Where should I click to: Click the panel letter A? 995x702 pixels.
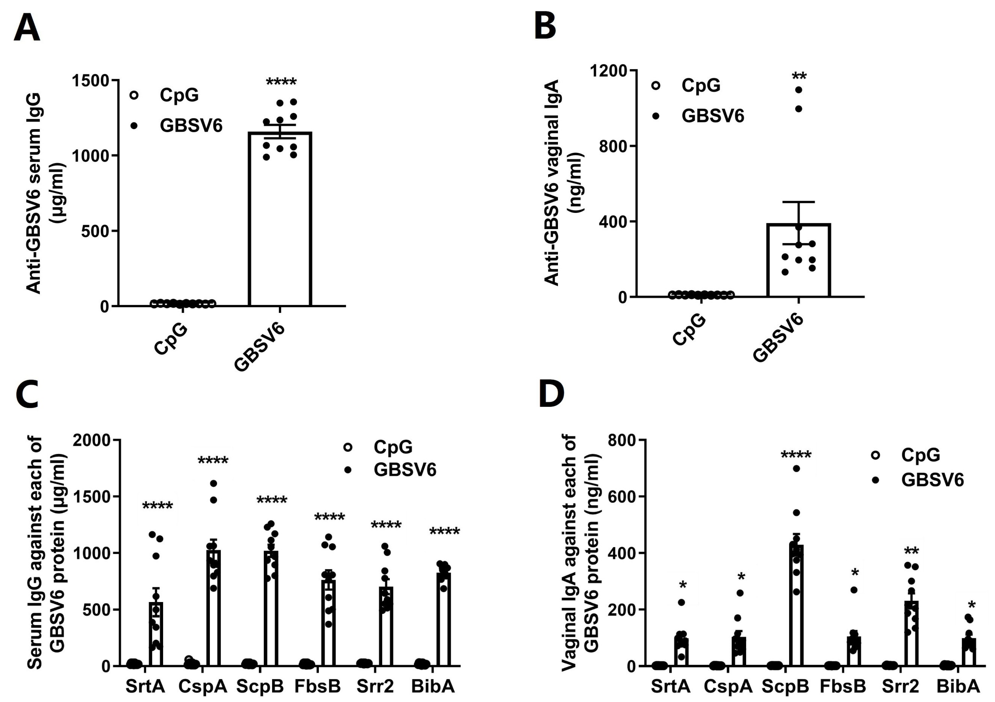coord(27,26)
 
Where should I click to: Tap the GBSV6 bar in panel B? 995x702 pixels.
coord(798,260)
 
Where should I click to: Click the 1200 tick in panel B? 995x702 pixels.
coord(609,71)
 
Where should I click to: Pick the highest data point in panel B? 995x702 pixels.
coord(799,90)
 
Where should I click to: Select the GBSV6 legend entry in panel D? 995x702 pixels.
coord(932,480)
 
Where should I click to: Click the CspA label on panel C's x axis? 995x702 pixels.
coord(203,686)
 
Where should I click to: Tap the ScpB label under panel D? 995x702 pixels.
coord(785,686)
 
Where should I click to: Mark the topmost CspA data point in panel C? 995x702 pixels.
coord(213,483)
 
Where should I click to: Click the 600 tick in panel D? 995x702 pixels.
coord(622,497)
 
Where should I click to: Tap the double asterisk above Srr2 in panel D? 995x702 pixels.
coord(911,551)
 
